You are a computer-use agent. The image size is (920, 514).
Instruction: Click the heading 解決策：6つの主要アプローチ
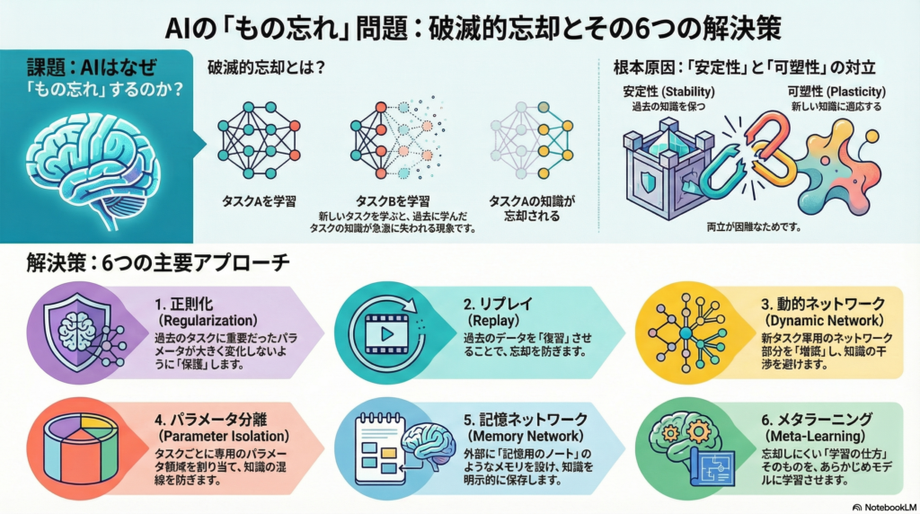(158, 265)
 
